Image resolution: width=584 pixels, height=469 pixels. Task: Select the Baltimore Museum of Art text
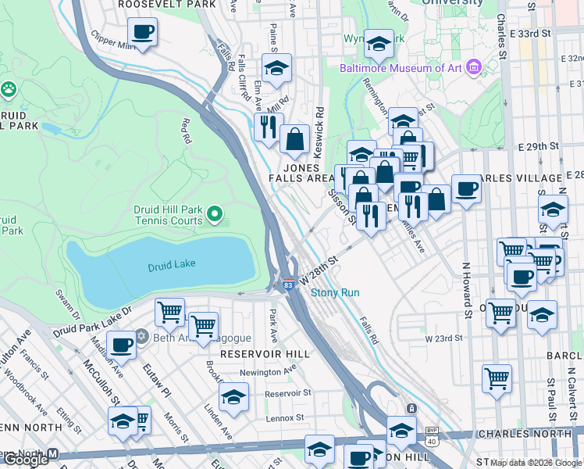tap(401, 68)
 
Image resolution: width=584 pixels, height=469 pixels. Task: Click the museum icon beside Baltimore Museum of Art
tap(473, 68)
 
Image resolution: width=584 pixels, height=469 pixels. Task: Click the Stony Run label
tap(335, 293)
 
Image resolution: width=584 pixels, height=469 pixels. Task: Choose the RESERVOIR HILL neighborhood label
tap(265, 354)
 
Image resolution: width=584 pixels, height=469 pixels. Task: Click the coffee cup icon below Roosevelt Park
tap(143, 33)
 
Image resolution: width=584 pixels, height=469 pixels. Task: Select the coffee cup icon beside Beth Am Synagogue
tap(121, 344)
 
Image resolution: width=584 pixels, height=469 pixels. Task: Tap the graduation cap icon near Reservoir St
tap(233, 397)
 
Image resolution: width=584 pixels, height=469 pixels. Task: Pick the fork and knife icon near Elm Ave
tap(268, 126)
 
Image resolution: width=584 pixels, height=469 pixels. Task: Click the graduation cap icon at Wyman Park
tap(379, 45)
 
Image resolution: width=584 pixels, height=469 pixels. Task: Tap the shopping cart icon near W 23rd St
tap(497, 379)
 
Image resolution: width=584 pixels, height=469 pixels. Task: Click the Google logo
tap(26, 460)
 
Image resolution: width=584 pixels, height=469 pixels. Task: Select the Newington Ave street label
tap(269, 372)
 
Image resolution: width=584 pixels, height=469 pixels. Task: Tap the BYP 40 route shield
tap(431, 430)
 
